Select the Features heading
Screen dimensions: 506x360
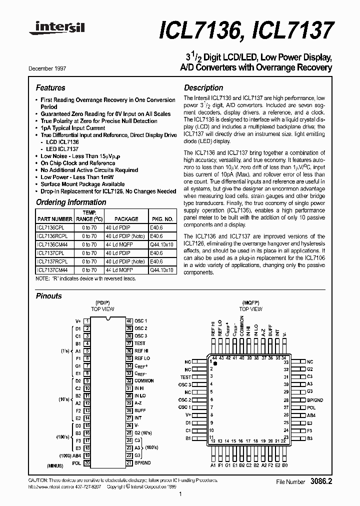coord(50,87)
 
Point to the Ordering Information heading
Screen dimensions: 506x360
coord(71,202)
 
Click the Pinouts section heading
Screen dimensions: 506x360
coord(49,296)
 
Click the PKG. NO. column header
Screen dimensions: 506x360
coord(162,219)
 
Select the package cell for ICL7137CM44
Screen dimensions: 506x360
coord(118,270)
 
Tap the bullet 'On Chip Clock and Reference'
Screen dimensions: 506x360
coord(78,163)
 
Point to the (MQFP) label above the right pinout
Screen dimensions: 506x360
coord(250,303)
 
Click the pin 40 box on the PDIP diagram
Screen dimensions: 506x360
coord(129,321)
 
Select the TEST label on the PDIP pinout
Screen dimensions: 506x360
coord(140,343)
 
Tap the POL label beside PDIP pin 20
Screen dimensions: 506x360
coord(77,463)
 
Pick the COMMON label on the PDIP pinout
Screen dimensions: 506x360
coord(144,381)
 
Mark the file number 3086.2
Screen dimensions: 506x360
coord(321,482)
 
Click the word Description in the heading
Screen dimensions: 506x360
coord(203,87)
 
